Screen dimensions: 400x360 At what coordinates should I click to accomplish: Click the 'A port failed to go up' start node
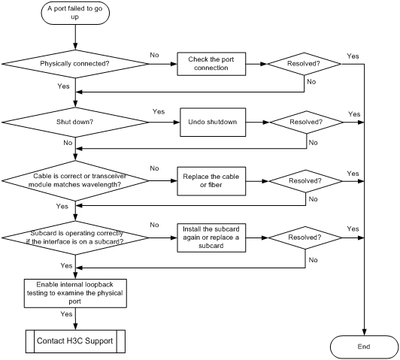[x=75, y=13]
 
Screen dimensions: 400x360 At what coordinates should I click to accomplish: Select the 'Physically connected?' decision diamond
[x=75, y=64]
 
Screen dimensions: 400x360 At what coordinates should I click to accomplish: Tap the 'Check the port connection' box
[x=211, y=64]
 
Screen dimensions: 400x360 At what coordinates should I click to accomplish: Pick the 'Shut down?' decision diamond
[x=75, y=122]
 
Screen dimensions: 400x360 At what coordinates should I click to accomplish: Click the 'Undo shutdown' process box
[x=213, y=122]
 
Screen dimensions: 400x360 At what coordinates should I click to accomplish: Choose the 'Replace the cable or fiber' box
[x=211, y=181]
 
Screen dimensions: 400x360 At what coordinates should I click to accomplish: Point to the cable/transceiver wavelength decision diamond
[x=75, y=181]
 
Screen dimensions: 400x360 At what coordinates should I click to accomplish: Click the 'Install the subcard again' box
[x=211, y=237]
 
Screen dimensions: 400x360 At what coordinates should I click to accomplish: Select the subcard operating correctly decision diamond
[x=75, y=237]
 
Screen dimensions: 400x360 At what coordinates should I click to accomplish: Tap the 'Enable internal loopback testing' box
[x=75, y=293]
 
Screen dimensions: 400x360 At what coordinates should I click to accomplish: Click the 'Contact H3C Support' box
[x=75, y=341]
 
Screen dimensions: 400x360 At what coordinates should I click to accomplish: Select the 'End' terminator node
[x=364, y=346]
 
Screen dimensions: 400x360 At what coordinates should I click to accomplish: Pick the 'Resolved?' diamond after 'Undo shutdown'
[x=306, y=122]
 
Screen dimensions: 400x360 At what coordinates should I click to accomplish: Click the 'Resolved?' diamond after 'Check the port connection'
[x=304, y=64]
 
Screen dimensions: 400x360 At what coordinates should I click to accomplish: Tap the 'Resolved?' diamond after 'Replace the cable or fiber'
[x=305, y=181]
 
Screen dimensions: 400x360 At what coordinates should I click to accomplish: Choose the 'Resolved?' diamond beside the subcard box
[x=305, y=237]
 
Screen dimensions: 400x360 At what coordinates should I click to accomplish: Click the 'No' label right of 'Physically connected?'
[x=154, y=55]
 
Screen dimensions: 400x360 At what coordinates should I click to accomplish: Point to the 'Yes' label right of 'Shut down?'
[x=159, y=112]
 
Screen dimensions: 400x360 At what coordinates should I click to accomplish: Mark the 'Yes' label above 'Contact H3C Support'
[x=66, y=314]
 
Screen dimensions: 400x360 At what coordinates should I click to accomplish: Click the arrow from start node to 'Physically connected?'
[x=75, y=38]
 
